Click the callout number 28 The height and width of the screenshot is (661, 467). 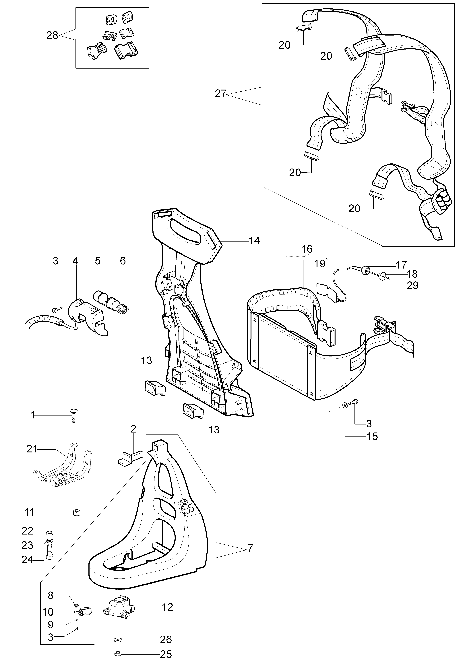pos(52,36)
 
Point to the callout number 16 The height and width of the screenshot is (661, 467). pos(307,249)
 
